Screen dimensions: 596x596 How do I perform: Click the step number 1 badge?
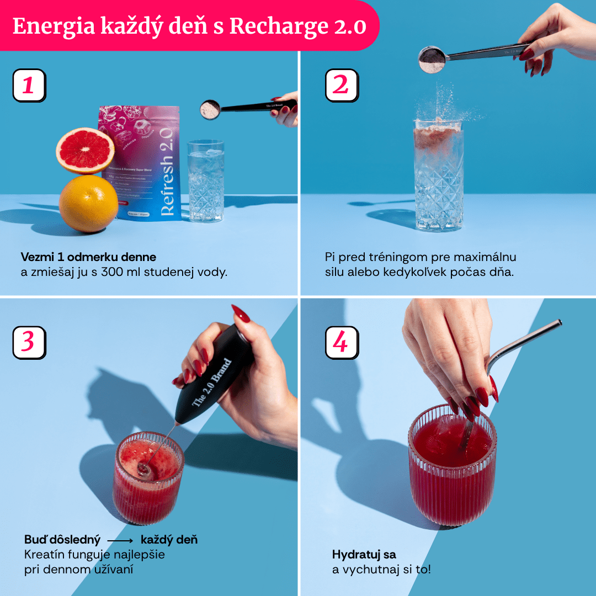pos(29,86)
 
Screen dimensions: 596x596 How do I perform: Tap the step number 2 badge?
pos(341,86)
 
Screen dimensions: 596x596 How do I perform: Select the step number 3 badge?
pos(29,343)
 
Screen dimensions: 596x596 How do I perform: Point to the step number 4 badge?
pos(341,343)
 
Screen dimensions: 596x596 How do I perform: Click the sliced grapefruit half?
pos(85,150)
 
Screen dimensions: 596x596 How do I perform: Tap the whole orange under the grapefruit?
pos(88,204)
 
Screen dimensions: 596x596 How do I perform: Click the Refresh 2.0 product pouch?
pos(139,163)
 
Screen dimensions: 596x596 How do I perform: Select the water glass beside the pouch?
pos(205,181)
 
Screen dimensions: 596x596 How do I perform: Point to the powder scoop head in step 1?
pos(210,109)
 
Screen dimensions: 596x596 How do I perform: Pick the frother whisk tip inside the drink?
pos(144,470)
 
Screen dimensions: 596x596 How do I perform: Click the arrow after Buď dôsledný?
pos(120,540)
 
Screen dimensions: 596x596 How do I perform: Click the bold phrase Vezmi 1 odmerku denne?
pos(88,257)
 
